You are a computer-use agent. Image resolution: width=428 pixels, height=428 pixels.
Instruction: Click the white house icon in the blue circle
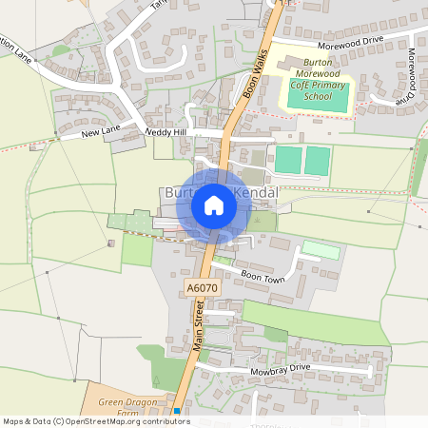tap(213, 204)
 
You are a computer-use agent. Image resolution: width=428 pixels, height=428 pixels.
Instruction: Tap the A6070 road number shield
tap(201, 286)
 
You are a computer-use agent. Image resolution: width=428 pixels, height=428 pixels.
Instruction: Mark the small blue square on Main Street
tap(176, 411)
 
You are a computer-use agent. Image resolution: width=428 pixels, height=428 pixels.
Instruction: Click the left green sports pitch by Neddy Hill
tap(287, 160)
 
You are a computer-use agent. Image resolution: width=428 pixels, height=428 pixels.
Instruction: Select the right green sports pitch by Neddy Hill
tap(318, 160)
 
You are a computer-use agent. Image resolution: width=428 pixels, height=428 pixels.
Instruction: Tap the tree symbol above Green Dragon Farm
tap(156, 380)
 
